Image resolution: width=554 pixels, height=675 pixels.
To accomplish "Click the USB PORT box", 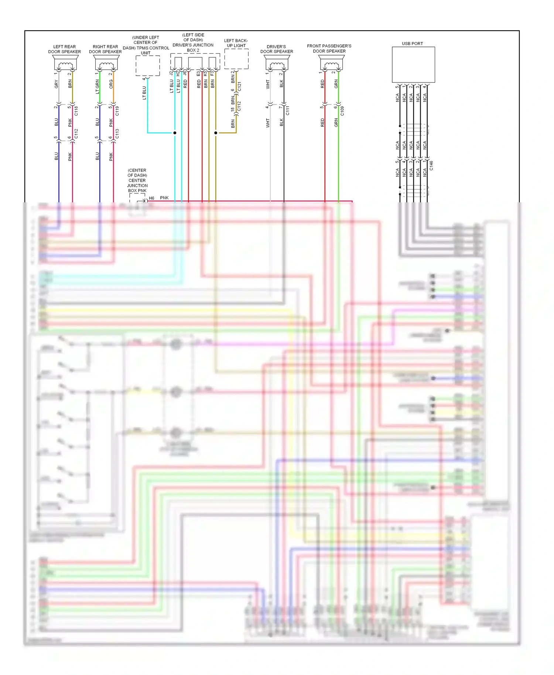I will tap(413, 65).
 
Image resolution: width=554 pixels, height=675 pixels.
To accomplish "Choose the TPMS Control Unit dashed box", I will tap(148, 66).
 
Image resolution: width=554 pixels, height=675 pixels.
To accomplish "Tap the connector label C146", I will tap(431, 165).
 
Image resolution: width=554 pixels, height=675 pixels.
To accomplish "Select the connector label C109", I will tap(342, 111).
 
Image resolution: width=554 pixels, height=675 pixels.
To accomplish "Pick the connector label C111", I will tap(288, 110).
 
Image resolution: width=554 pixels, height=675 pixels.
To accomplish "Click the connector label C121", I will tap(239, 87).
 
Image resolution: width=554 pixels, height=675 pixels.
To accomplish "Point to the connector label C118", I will tap(76, 111).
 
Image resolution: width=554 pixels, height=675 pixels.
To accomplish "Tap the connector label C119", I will tap(117, 111).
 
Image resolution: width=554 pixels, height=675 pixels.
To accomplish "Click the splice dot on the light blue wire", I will tap(175, 133).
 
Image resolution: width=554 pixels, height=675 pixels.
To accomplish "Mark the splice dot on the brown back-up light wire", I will tap(216, 133).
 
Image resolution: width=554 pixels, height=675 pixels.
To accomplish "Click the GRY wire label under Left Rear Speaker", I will tap(57, 84).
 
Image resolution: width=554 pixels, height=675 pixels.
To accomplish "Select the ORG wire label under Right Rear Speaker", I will tap(111, 84).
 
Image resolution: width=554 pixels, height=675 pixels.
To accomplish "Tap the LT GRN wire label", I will tap(98, 86).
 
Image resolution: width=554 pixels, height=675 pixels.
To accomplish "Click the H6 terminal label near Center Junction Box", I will tap(151, 198).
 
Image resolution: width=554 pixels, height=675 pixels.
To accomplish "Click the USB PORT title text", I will tap(412, 44).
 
